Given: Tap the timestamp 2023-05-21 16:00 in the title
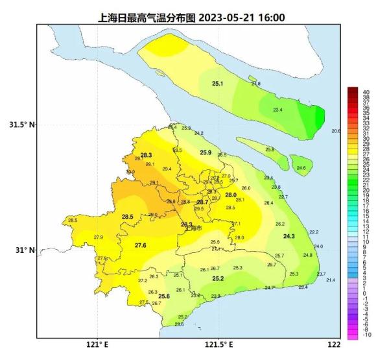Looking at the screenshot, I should coord(238,18).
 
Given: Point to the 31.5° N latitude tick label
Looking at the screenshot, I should coord(21,125).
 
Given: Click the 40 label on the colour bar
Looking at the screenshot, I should coord(366,92).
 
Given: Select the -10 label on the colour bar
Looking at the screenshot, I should coord(367,335).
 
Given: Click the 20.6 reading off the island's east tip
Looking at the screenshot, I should coord(335,131).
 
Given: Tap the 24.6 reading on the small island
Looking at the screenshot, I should coord(301,168).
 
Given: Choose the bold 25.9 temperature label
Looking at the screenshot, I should coord(206,152).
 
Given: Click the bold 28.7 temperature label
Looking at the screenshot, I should coord(202,202).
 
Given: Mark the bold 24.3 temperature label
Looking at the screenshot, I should coord(289,236).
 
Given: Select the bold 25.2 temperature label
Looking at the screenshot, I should coord(218,279).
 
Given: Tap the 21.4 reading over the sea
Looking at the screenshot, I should coord(331,280).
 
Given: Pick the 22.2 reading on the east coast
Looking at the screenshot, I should coord(314,232).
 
